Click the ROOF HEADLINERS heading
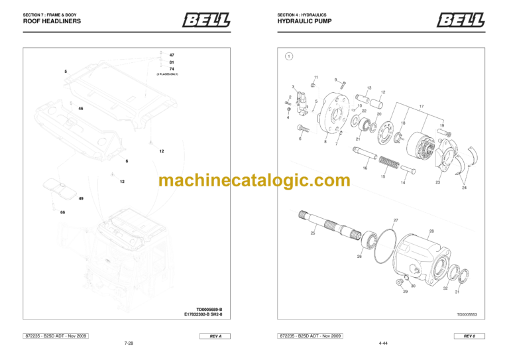click(52, 21)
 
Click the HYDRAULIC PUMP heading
click(305, 21)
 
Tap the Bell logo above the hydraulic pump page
click(460, 21)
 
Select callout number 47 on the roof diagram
click(172, 55)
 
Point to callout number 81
click(172, 62)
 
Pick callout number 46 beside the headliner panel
click(81, 108)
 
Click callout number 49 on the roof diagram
click(81, 199)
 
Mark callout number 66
click(62, 213)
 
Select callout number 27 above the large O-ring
click(396, 220)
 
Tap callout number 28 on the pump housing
click(431, 231)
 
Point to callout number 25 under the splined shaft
click(313, 233)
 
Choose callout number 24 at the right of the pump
click(464, 188)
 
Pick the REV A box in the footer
click(215, 336)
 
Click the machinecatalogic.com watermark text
click(254, 180)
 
